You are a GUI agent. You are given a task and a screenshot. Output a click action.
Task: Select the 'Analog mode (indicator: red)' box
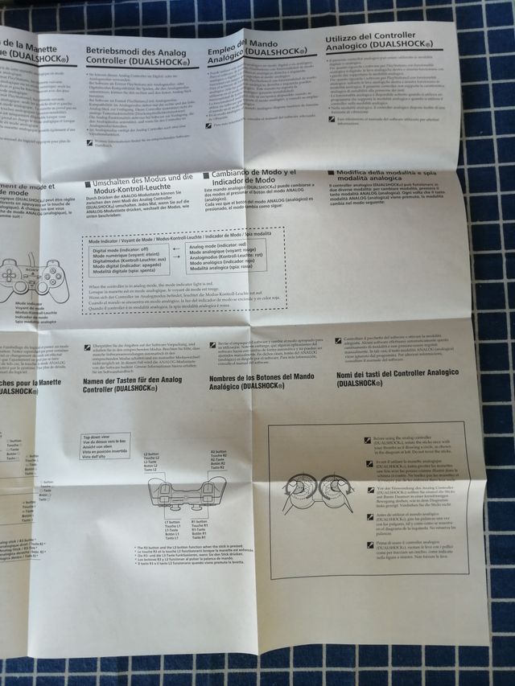[x=233, y=258]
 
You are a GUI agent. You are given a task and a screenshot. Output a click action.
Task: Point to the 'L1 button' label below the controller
[x=171, y=530]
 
